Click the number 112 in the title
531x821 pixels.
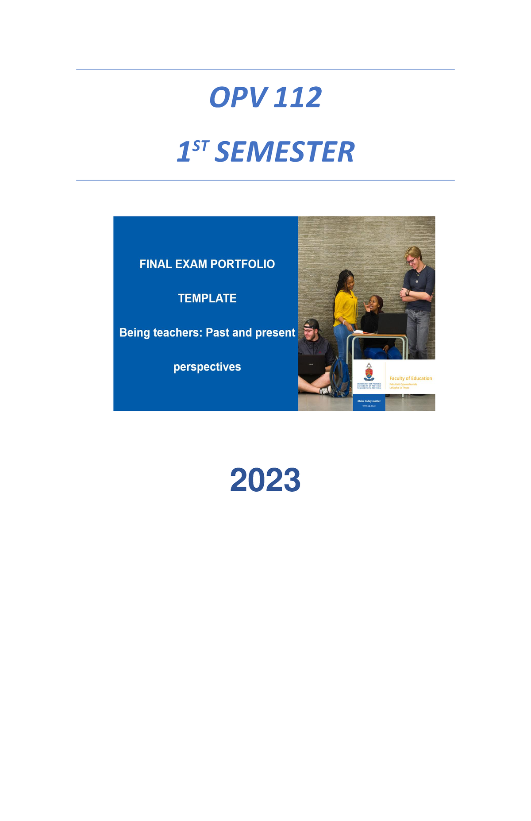click(x=297, y=97)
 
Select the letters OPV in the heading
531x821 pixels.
click(x=238, y=97)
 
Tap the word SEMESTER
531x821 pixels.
click(x=284, y=152)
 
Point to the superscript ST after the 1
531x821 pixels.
click(x=200, y=146)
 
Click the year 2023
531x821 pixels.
click(x=265, y=480)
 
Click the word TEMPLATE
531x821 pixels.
click(x=207, y=298)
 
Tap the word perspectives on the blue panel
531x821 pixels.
click(x=207, y=367)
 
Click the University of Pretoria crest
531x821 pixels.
click(x=369, y=372)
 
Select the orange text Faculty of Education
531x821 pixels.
click(x=411, y=378)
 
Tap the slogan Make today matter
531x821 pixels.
click(x=369, y=401)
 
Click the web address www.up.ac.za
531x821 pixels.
click(x=369, y=406)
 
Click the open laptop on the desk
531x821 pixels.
click(x=391, y=324)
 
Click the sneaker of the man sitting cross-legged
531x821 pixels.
click(x=326, y=390)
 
